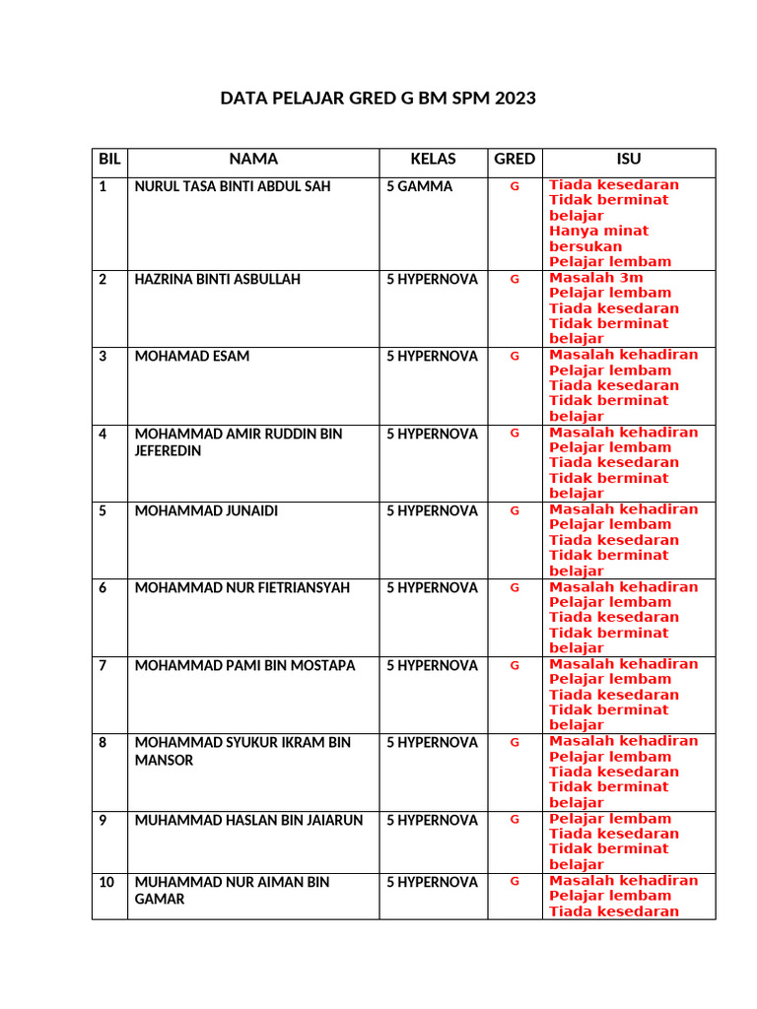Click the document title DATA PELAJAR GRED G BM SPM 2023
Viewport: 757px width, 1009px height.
click(378, 99)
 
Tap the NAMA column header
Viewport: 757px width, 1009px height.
click(253, 159)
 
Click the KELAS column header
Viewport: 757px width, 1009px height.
click(434, 159)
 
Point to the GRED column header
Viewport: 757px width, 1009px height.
click(515, 159)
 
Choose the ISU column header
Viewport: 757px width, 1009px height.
click(628, 159)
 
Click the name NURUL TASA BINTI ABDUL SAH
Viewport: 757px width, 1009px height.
click(233, 186)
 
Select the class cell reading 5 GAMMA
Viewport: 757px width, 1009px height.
click(420, 186)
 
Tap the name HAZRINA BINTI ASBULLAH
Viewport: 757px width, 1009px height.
click(218, 279)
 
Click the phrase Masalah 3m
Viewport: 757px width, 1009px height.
click(596, 278)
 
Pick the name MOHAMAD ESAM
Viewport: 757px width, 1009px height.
click(192, 356)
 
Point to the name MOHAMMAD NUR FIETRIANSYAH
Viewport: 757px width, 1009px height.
click(242, 587)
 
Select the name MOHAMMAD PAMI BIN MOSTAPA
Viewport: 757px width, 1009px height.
click(244, 665)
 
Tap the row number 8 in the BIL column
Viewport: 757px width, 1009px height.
click(103, 742)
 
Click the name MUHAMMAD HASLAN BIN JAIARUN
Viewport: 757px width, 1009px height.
click(248, 820)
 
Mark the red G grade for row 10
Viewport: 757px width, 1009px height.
click(514, 882)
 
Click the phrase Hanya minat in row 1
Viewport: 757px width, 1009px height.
click(599, 231)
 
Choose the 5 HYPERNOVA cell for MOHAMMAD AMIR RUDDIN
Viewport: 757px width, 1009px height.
click(432, 434)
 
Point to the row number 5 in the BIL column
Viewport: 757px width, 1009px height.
click(103, 510)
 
